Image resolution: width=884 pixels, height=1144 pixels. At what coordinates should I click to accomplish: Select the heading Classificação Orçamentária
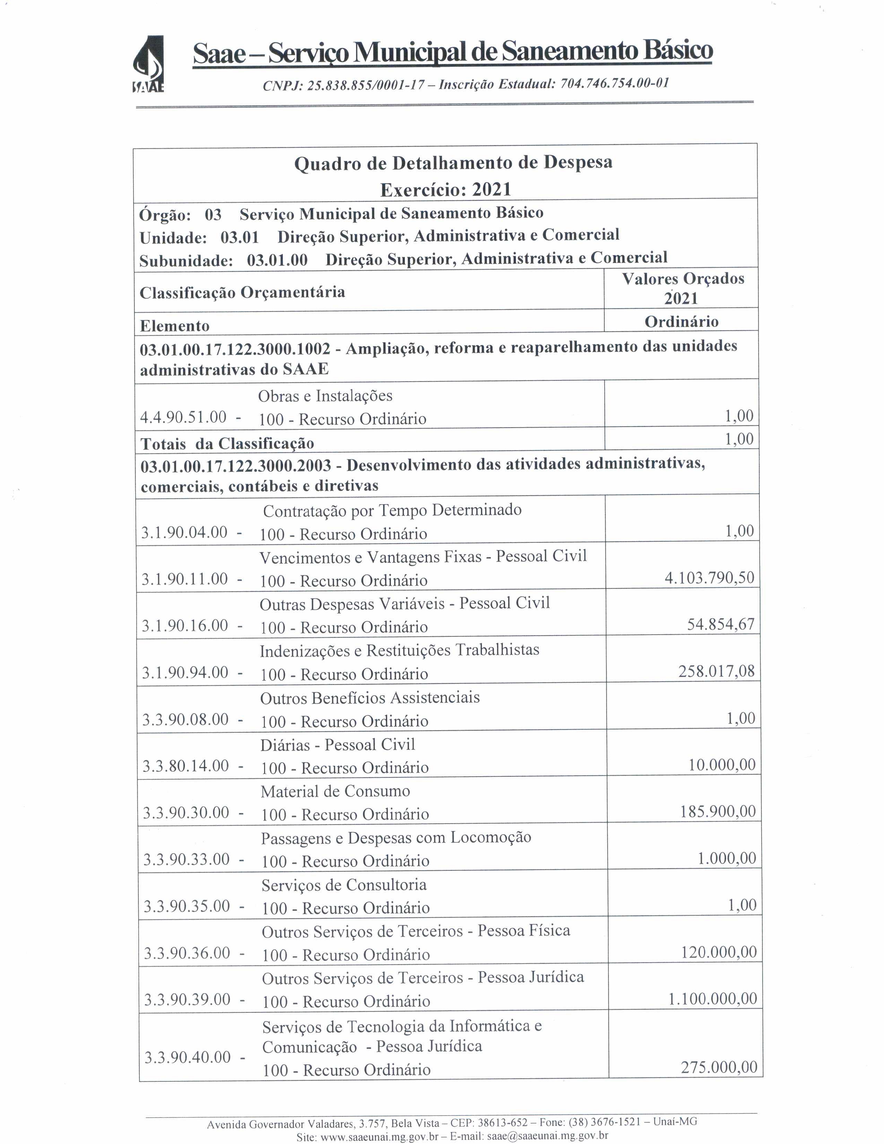click(242, 292)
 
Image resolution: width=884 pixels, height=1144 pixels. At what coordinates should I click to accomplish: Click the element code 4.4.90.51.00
click(183, 417)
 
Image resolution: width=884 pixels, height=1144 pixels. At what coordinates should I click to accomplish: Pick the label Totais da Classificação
click(227, 444)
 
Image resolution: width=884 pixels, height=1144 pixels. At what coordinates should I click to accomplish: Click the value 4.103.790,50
click(709, 578)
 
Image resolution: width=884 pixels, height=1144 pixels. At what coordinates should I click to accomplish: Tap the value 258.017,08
click(716, 671)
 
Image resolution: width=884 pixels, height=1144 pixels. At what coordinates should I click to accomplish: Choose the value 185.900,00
click(718, 812)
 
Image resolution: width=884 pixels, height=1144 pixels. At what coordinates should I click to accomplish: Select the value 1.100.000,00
click(712, 998)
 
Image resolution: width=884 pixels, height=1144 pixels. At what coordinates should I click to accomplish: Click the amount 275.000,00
click(719, 1067)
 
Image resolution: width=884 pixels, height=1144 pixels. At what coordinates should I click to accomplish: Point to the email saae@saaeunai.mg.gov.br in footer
click(547, 1136)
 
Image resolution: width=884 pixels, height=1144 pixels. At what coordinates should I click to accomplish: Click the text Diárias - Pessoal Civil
click(338, 744)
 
